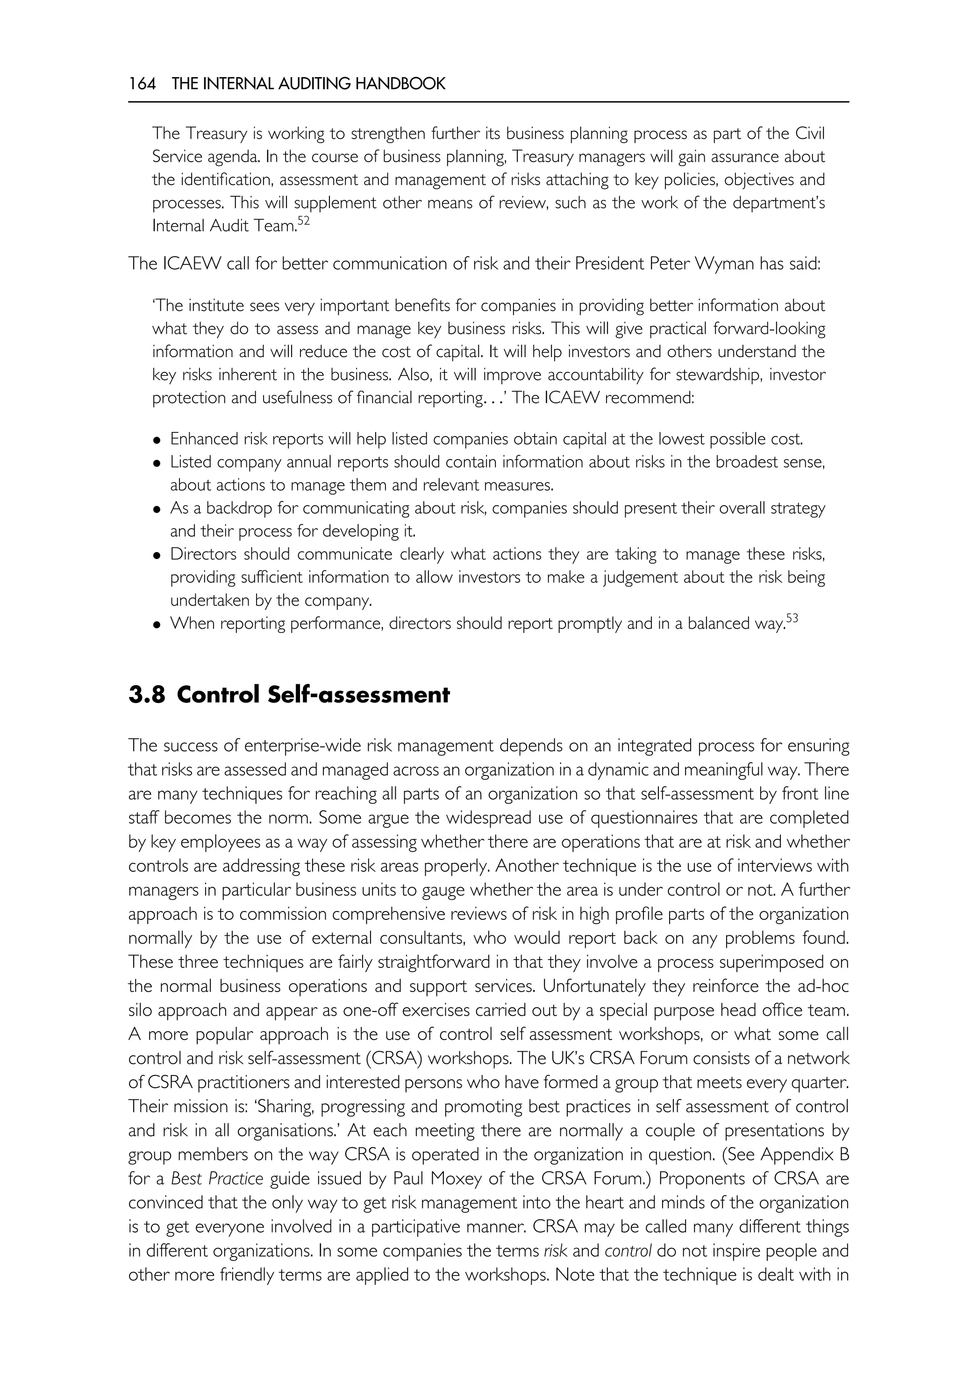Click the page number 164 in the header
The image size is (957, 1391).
tap(142, 84)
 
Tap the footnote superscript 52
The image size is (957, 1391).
tap(303, 222)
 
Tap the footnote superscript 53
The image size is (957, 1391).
tap(793, 618)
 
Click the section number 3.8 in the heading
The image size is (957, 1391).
tap(146, 695)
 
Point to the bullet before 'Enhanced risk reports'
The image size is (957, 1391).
tap(157, 441)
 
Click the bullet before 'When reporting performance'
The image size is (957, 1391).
tap(157, 625)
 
